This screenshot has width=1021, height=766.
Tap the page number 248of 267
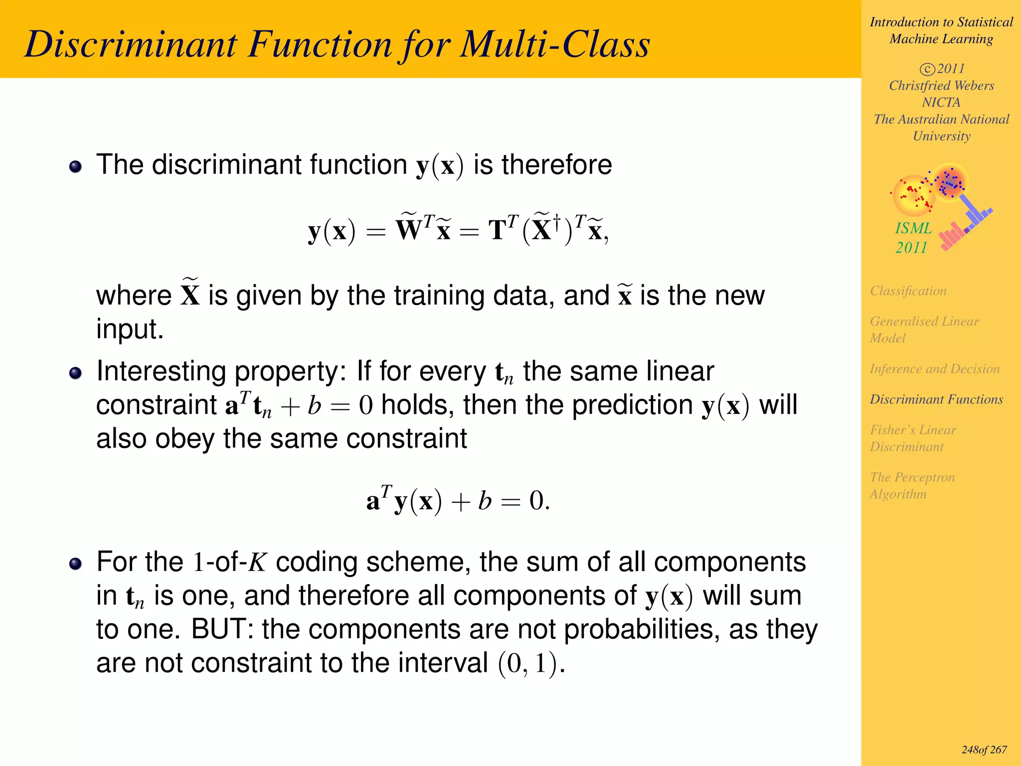[984, 750]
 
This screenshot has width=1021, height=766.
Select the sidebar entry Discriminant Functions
[936, 399]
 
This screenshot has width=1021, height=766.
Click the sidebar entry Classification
[908, 291]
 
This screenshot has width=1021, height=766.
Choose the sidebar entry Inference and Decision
[934, 369]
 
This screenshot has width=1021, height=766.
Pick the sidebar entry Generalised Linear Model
[924, 330]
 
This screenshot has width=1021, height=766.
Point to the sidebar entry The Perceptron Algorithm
[912, 486]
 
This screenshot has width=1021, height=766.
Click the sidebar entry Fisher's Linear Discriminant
[912, 438]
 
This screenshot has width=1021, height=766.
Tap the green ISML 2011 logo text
[913, 238]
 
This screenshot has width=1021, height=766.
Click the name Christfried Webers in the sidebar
[941, 86]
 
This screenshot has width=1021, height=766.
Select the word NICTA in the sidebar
[941, 103]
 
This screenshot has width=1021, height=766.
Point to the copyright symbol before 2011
[927, 69]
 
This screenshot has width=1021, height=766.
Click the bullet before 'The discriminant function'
[75, 167]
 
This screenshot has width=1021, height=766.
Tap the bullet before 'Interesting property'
[75, 373]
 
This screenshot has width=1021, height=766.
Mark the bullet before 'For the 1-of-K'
[75, 564]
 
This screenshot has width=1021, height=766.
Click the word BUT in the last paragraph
[222, 629]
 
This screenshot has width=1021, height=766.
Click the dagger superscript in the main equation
[557, 220]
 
